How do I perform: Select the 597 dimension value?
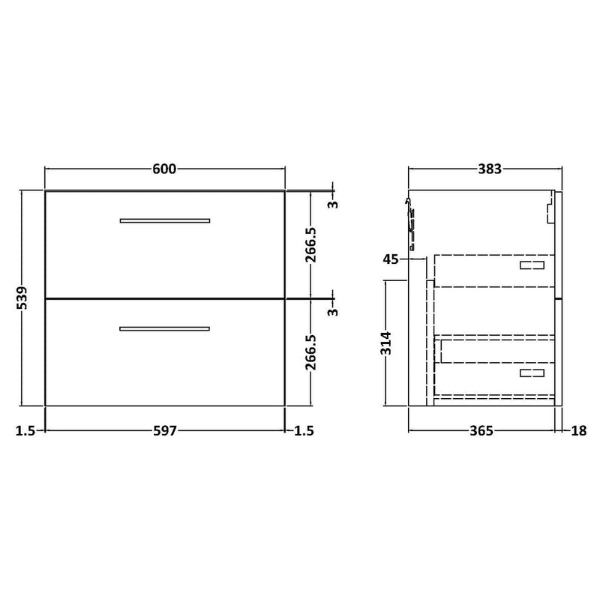[164, 430]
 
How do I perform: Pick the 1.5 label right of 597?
[304, 430]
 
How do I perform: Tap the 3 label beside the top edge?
[333, 203]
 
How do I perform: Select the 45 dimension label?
[390, 259]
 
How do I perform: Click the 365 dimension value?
[480, 430]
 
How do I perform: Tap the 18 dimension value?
[578, 430]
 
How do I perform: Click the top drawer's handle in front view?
[165, 220]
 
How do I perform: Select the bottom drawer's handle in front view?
[165, 328]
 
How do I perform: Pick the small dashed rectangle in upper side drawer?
[533, 265]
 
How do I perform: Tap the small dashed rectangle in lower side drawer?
[533, 373]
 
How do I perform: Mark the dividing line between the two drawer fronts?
[165, 298]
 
